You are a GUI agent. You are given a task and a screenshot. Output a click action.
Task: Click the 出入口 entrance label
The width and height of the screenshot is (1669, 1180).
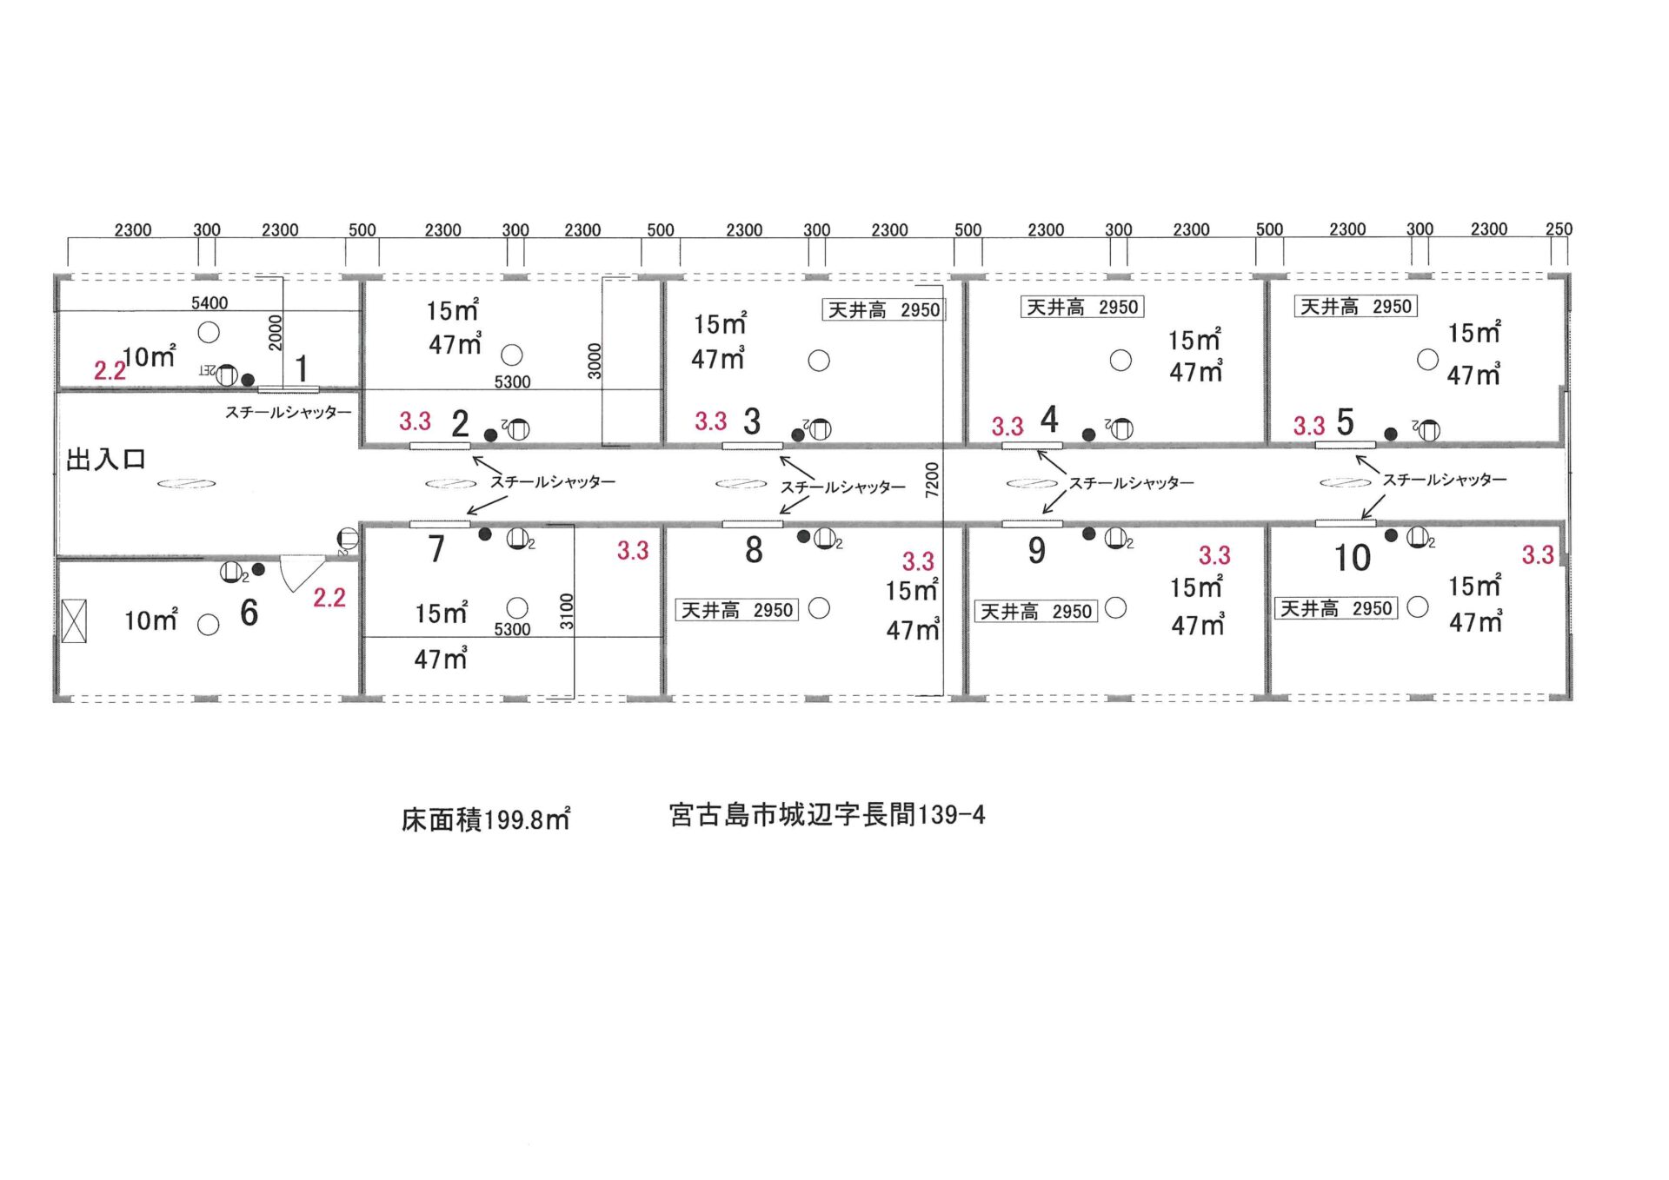pyautogui.click(x=106, y=459)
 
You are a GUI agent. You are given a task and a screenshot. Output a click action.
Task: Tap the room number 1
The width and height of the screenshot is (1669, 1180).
pyautogui.click(x=302, y=368)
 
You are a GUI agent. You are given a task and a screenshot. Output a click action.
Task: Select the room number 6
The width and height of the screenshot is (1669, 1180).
pyautogui.click(x=249, y=613)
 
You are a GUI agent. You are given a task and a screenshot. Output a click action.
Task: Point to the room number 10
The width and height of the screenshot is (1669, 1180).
pyautogui.click(x=1353, y=558)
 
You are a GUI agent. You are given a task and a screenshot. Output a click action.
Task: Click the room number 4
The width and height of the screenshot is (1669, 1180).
pyautogui.click(x=1049, y=420)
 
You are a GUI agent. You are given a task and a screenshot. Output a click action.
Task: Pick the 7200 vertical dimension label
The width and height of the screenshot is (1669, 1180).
pyautogui.click(x=932, y=480)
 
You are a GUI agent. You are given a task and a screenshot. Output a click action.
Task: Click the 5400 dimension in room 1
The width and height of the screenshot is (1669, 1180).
pyautogui.click(x=209, y=302)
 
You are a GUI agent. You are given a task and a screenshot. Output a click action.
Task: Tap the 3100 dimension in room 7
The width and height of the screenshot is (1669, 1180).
pyautogui.click(x=567, y=611)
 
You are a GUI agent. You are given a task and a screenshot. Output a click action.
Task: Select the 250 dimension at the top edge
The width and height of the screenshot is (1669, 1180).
pyautogui.click(x=1559, y=229)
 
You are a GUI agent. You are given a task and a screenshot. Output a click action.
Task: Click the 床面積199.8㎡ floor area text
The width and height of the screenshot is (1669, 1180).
pyautogui.click(x=486, y=819)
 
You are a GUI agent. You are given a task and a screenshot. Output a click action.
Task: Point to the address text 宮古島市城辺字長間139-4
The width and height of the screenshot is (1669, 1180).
pyautogui.click(x=827, y=814)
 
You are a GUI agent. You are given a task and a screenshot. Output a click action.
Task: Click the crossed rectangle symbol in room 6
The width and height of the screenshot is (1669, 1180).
pyautogui.click(x=75, y=621)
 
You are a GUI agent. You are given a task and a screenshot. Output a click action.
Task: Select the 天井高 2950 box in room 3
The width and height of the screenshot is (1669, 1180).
pyautogui.click(x=883, y=310)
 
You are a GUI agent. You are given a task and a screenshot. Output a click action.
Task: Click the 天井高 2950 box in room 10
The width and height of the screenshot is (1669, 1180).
pyautogui.click(x=1336, y=608)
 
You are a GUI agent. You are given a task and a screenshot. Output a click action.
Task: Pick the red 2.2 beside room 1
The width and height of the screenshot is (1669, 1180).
pyautogui.click(x=110, y=371)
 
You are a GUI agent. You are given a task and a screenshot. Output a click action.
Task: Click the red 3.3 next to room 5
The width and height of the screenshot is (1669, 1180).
pyautogui.click(x=1308, y=426)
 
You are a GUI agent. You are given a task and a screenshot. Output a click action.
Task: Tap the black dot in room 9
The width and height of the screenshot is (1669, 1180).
pyautogui.click(x=1088, y=534)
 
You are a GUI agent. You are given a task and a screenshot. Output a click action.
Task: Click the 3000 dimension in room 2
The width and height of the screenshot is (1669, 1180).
pyautogui.click(x=595, y=361)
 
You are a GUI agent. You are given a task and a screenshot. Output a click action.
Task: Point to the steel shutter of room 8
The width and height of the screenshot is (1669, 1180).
pyautogui.click(x=753, y=524)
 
